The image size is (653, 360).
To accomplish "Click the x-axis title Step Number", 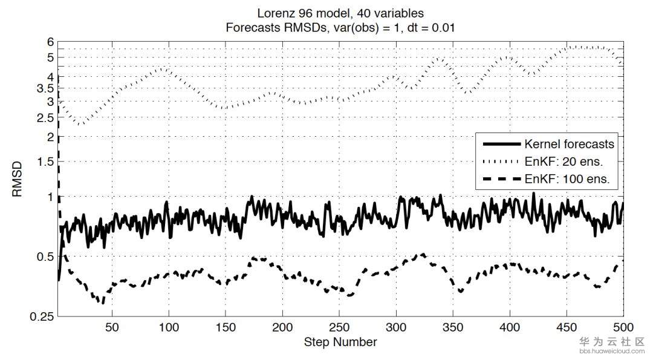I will pyautogui.click(x=340, y=342).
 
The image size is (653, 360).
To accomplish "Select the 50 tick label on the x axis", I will pyautogui.click(x=112, y=327).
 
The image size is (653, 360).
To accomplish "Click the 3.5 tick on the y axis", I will pyautogui.click(x=46, y=88).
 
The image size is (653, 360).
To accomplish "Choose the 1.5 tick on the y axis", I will pyautogui.click(x=46, y=162).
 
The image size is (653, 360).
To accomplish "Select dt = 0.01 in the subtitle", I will pyautogui.click(x=429, y=27).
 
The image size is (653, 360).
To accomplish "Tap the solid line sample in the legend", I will pyautogui.click(x=501, y=144).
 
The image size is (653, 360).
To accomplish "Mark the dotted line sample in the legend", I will pyautogui.click(x=501, y=162).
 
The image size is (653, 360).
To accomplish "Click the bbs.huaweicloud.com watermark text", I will pyautogui.click(x=612, y=351).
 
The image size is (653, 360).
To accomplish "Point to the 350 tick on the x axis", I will pyautogui.click(x=453, y=327).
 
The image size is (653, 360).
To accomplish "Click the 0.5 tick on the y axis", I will pyautogui.click(x=46, y=257).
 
